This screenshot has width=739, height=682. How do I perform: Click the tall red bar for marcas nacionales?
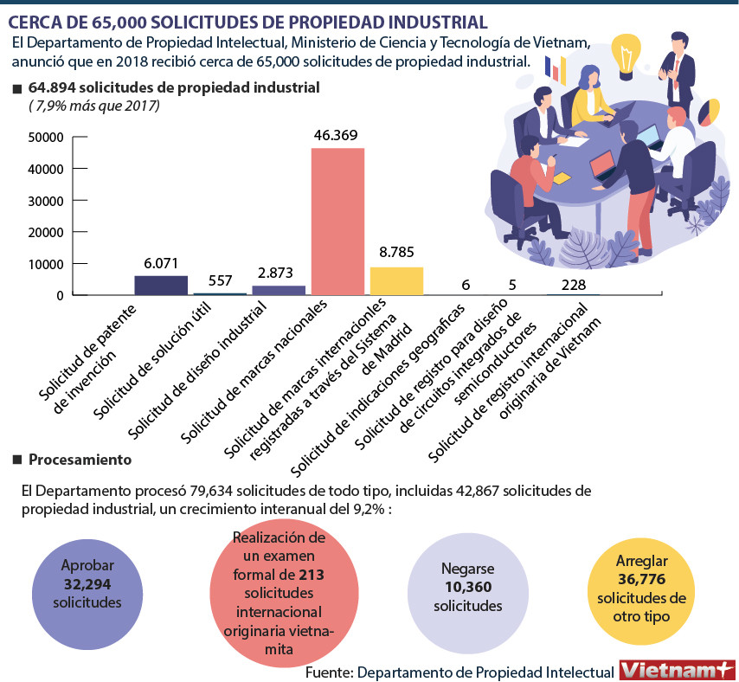point(337,222)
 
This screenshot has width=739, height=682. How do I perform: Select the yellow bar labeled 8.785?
point(396,281)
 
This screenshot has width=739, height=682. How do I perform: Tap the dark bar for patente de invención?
point(161,286)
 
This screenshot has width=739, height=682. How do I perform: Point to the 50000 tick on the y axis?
point(46,138)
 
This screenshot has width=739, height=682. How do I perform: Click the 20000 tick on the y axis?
point(46,232)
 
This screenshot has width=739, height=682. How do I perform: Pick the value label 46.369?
point(337,135)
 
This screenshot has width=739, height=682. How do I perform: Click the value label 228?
point(573,285)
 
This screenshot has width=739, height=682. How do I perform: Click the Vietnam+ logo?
point(677,670)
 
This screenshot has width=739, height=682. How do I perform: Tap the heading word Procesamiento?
point(80,459)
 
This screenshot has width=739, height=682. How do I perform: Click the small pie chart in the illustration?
point(709,112)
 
